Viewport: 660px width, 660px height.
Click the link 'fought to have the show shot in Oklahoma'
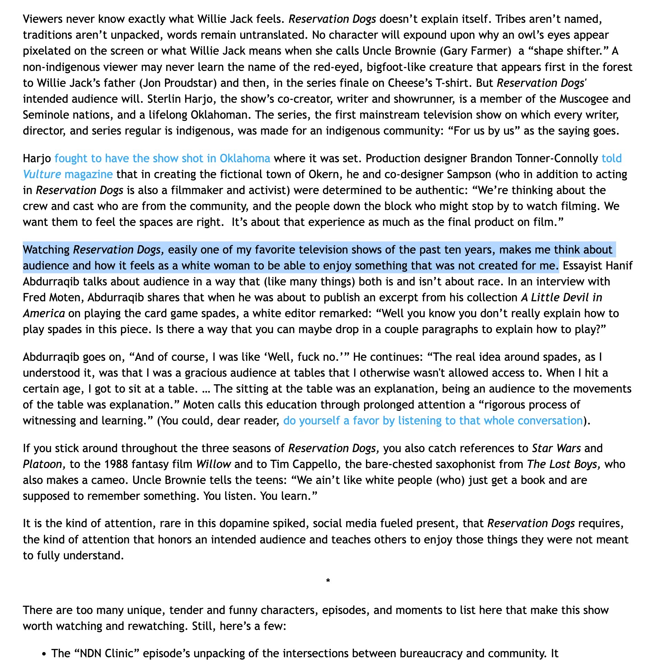pos(162,158)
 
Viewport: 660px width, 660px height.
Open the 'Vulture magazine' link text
pos(68,174)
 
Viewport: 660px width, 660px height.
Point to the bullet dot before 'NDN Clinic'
pos(44,654)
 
